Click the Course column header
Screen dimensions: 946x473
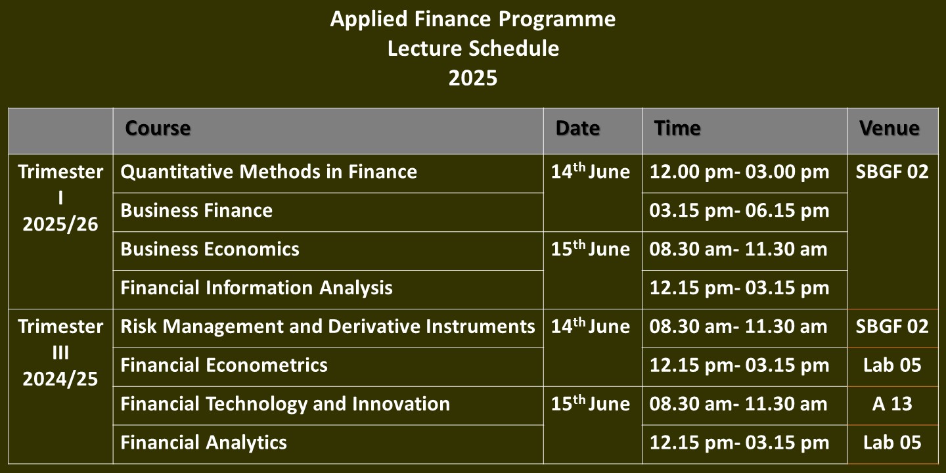(x=158, y=128)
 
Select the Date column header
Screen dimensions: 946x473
(x=577, y=128)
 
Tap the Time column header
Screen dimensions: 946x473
(x=677, y=128)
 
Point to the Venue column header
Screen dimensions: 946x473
(x=889, y=128)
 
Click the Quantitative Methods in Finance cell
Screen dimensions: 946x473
(x=269, y=172)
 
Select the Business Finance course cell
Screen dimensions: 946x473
(x=196, y=210)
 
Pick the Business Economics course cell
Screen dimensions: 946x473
(x=210, y=249)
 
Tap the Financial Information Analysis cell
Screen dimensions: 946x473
(x=256, y=288)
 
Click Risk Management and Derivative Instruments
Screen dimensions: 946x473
(x=328, y=327)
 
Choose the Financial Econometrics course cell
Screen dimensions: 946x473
(x=224, y=365)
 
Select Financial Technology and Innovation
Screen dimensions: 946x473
(x=285, y=404)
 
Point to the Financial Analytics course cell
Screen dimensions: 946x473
(x=204, y=443)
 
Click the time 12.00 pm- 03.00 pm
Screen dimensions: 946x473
(x=739, y=172)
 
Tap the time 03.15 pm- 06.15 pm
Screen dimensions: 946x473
(x=739, y=210)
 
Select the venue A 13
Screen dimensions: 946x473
(x=892, y=404)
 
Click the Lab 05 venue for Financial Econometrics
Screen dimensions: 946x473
(x=892, y=365)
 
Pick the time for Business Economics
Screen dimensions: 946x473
(x=738, y=249)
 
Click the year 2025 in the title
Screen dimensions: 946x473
(x=473, y=78)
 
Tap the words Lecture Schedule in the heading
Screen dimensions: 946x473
(x=473, y=49)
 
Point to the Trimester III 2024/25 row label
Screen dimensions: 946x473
(x=60, y=353)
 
